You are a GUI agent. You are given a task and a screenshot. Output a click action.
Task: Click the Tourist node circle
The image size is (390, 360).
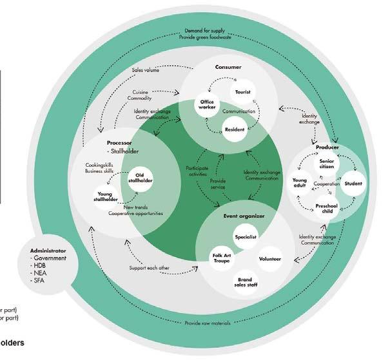[242, 93]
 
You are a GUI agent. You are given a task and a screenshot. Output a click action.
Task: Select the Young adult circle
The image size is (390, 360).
[300, 184]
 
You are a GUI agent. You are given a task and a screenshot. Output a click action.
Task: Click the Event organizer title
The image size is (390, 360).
[239, 216]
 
